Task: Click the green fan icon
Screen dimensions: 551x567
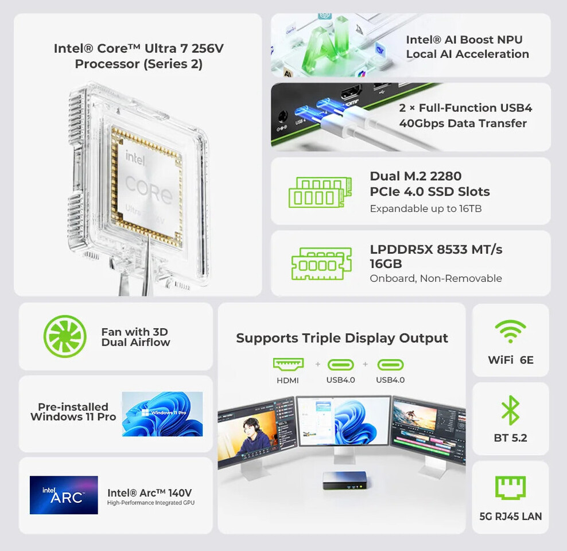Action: (65, 336)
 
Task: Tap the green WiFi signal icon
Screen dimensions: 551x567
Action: (510, 332)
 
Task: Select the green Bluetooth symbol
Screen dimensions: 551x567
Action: (510, 410)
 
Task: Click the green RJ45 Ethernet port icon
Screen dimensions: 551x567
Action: (510, 488)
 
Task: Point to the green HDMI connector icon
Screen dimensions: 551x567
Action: (288, 364)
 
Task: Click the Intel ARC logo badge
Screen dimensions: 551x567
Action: (64, 495)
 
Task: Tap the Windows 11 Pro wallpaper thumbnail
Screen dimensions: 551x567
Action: (162, 414)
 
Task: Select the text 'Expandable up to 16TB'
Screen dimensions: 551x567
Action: (425, 208)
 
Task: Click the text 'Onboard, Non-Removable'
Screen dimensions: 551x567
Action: (436, 278)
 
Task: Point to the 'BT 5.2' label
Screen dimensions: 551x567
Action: (510, 438)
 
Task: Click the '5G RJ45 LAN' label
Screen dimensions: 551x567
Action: (510, 516)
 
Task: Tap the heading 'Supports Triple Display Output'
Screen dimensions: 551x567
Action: (342, 338)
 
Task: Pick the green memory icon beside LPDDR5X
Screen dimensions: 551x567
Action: (321, 263)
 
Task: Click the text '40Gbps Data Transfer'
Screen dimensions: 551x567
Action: (463, 123)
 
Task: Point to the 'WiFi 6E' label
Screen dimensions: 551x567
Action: (510, 360)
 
